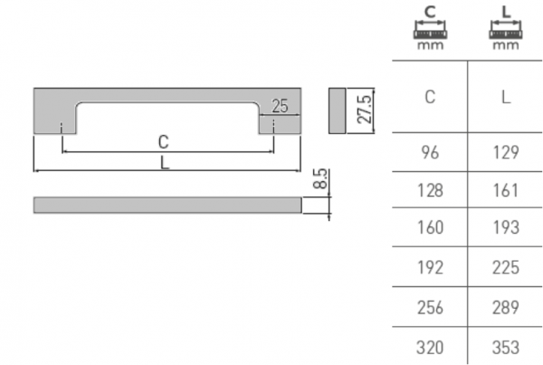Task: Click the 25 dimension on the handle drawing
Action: coord(279,107)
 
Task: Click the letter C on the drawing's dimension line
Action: coord(163,141)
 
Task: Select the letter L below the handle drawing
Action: coord(164,162)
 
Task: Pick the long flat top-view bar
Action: coord(167,206)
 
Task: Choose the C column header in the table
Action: coord(430,97)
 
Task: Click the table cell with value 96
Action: coord(430,153)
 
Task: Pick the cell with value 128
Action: coord(430,191)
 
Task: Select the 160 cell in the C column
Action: coord(430,229)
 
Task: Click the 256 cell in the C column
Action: coord(430,306)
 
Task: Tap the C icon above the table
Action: coord(430,27)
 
